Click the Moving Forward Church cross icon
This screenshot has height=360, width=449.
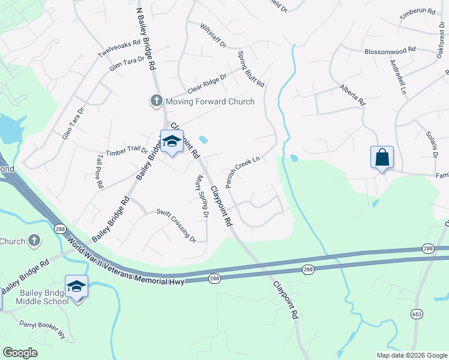[x=157, y=101]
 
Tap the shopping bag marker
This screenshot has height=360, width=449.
[x=382, y=158]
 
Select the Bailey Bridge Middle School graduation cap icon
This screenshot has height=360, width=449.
[x=76, y=286]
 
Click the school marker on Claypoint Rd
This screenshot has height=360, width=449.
[x=172, y=142]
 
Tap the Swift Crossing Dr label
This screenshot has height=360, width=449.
[x=176, y=224]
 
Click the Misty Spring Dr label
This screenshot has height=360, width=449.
[x=202, y=196]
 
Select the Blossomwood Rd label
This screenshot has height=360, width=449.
[x=390, y=52]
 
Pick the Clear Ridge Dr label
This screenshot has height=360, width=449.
[x=207, y=83]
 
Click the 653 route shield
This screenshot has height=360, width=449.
[x=417, y=314]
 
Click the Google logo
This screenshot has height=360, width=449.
[x=20, y=352]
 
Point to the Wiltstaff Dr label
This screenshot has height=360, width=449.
[x=213, y=37]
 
